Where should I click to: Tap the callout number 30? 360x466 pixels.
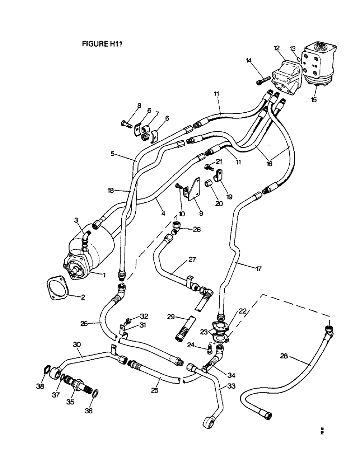77,344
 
